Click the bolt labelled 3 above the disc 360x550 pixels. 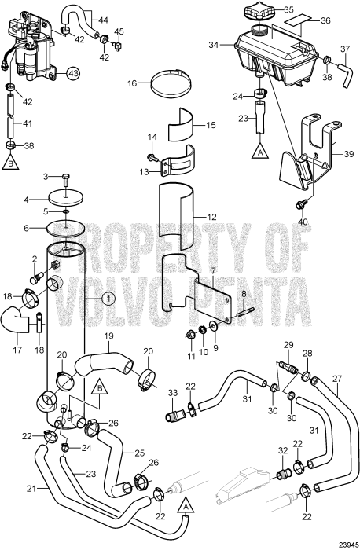click(x=66, y=178)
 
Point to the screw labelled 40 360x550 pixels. click(x=300, y=203)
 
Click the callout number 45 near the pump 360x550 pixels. click(x=119, y=31)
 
